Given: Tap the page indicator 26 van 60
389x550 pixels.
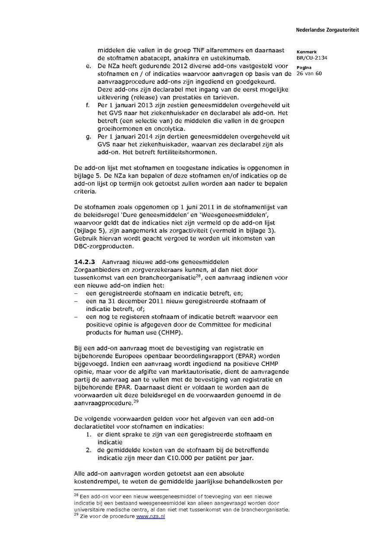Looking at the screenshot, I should pos(309,73).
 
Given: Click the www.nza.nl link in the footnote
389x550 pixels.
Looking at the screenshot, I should pos(150,516).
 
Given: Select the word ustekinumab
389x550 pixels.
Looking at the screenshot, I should pos(240,58).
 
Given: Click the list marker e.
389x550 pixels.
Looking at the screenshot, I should pos(88,66).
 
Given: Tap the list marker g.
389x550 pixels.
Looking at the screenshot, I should pos(88,137).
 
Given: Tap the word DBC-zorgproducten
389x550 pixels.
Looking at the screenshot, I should pos(102,246).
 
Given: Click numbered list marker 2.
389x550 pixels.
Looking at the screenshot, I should pos(88,450).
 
